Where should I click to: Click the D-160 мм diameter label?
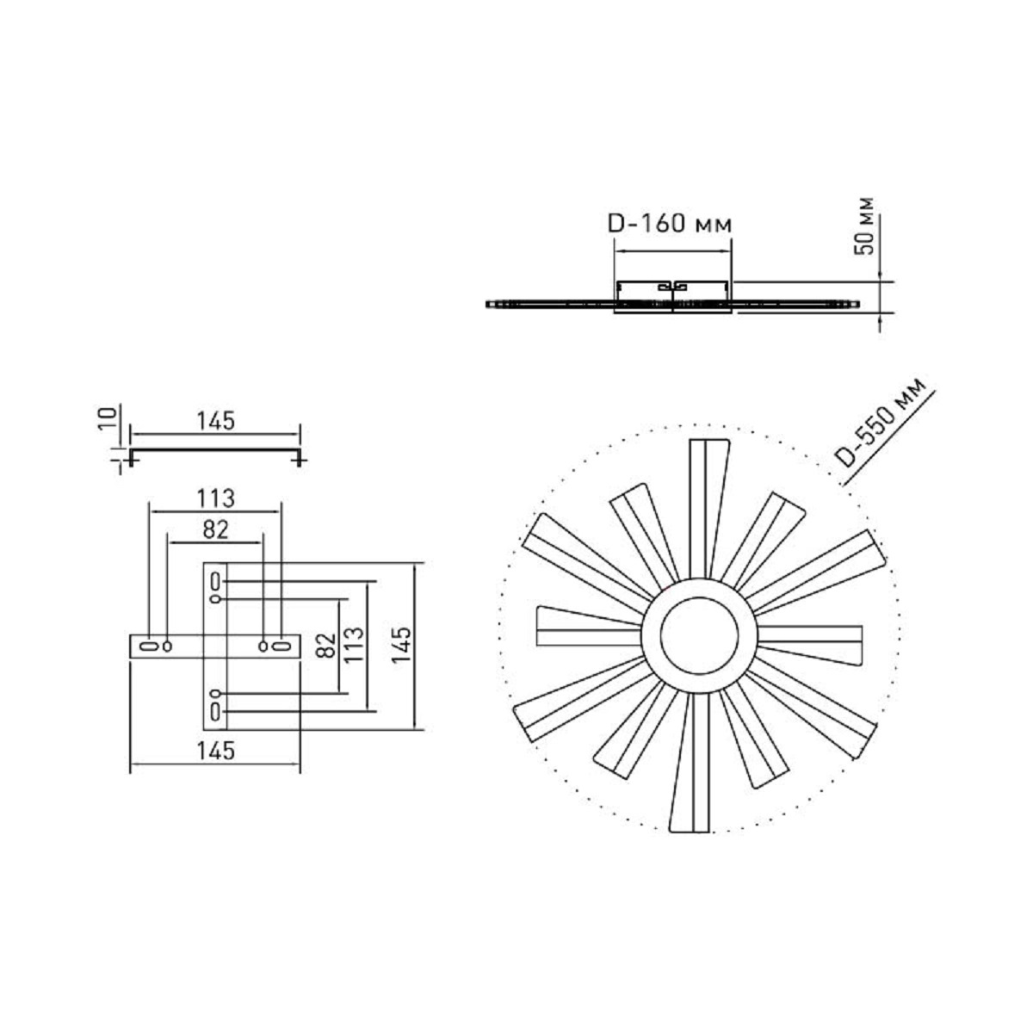pyautogui.click(x=670, y=224)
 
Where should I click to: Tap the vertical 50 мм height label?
pyautogui.click(x=863, y=226)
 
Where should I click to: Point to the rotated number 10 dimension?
pyautogui.click(x=108, y=418)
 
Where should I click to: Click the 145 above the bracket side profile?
pyautogui.click(x=215, y=421)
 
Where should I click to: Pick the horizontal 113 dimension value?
pyautogui.click(x=215, y=498)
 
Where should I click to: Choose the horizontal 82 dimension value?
pyautogui.click(x=215, y=529)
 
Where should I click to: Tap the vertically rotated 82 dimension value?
pyautogui.click(x=325, y=645)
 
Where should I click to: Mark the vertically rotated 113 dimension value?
pyautogui.click(x=355, y=645)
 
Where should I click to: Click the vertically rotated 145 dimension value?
pyautogui.click(x=401, y=645)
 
